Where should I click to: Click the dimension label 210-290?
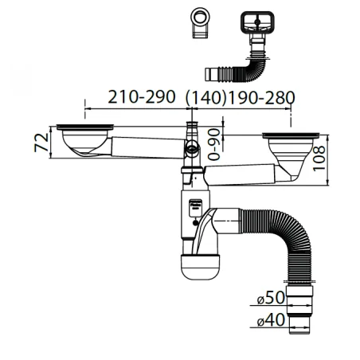[142, 96]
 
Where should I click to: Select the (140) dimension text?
[205, 97]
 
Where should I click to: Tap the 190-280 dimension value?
[261, 97]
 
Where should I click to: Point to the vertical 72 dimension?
[41, 143]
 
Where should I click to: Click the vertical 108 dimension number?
[319, 158]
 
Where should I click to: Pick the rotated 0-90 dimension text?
[214, 144]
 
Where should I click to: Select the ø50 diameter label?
[271, 297]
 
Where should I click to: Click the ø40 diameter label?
[271, 319]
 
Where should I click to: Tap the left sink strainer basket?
[85, 139]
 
